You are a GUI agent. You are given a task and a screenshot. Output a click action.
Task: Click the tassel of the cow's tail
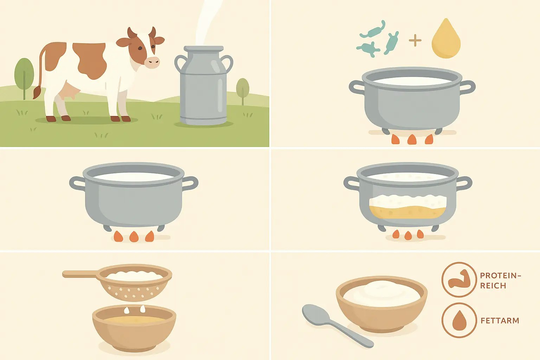coord(37,93)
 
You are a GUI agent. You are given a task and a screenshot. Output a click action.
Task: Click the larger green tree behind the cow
coord(24,74)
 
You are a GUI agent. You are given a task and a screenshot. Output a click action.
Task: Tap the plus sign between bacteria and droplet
coord(415,41)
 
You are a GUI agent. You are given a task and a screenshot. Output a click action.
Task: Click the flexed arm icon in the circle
coord(459,279)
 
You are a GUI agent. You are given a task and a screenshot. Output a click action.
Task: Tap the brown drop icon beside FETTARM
coord(459,320)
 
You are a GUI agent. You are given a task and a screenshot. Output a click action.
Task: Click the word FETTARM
coord(500,321)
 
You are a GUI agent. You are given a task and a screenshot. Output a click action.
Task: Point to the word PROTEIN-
coord(500,276)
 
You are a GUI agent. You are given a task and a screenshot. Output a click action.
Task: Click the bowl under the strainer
coord(134,330)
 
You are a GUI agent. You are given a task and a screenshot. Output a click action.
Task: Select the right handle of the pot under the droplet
coord(468,87)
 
